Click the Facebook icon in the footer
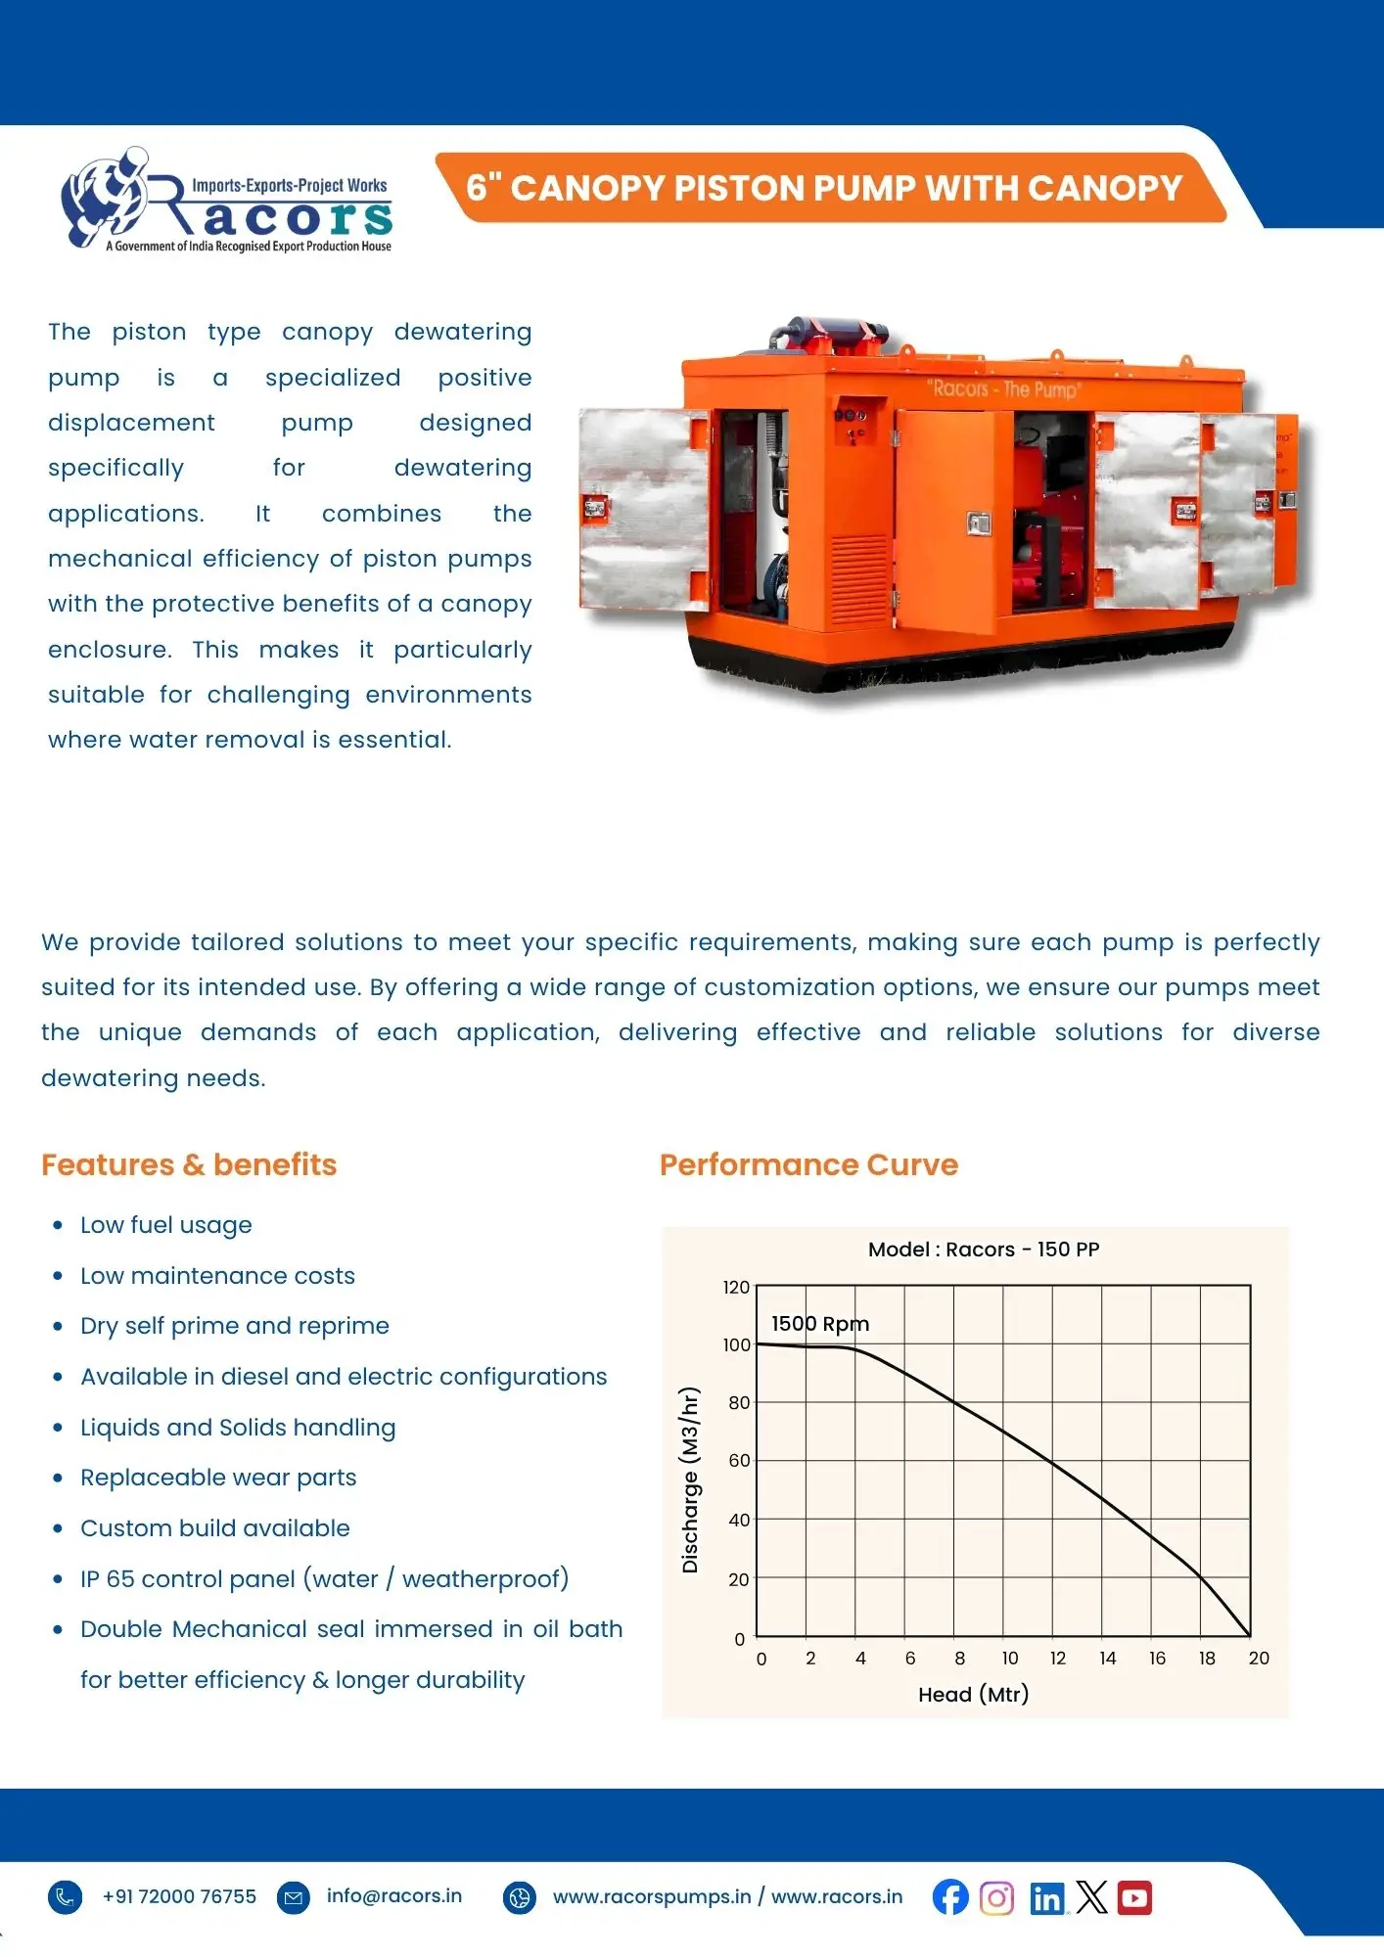pos(949,1897)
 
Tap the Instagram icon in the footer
pos(996,1898)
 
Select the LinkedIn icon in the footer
pos(1046,1898)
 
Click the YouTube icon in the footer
pos(1134,1898)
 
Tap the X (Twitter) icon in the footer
pos(1091,1898)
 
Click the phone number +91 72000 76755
pos(179,1896)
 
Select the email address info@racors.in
pos(394,1895)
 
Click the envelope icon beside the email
pos(293,1897)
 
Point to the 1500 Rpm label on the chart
pos(820,1323)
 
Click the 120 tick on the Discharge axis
pos(736,1287)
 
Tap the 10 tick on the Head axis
pos(1009,1658)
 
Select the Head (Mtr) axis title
pos(973,1694)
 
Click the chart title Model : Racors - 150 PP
pos(984,1250)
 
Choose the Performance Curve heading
pos(808,1164)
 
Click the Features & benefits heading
pos(189,1164)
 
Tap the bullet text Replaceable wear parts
pos(218,1478)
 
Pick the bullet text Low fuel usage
pos(166,1225)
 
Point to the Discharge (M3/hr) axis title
pos(690,1479)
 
